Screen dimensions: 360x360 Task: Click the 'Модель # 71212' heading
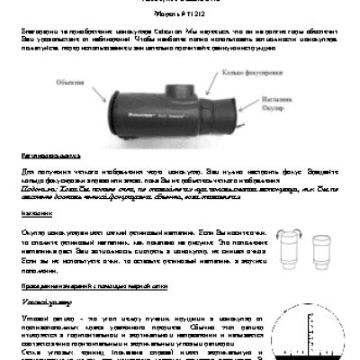[180, 16]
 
